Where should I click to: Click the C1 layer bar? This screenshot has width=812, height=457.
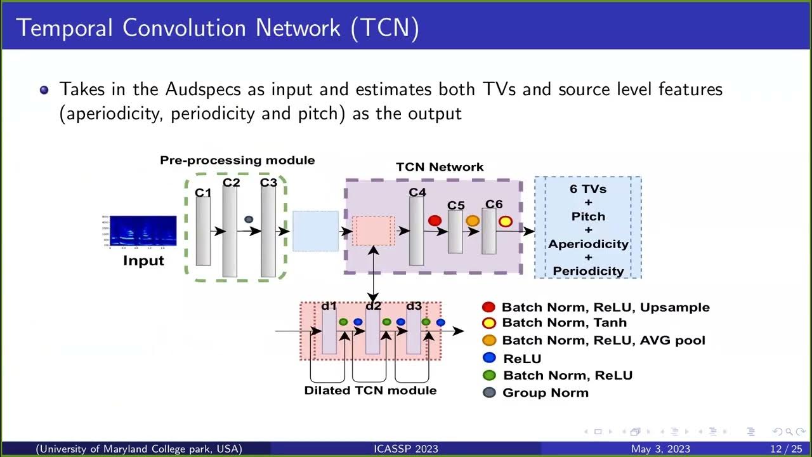pos(203,232)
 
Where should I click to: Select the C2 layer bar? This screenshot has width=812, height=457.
pos(230,232)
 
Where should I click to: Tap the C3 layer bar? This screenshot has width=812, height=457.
pos(268,232)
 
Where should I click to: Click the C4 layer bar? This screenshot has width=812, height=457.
pos(416,231)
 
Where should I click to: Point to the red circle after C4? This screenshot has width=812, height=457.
pos(435,221)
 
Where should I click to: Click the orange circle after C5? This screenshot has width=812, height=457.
pos(473,221)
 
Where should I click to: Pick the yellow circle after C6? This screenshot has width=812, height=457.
pos(505,222)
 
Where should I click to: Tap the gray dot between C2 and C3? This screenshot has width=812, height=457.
pos(249,220)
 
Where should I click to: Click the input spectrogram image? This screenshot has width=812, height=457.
pos(143,231)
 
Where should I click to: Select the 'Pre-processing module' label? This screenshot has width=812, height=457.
pos(237,161)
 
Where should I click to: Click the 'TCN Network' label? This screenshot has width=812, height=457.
pos(440,168)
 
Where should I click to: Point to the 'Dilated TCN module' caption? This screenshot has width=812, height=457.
pos(370,390)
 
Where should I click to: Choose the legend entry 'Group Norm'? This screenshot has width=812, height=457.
pos(545,393)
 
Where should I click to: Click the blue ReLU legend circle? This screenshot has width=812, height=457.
pos(489,357)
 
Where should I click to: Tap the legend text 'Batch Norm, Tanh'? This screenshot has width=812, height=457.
pos(564,322)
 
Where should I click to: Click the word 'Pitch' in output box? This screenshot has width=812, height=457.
pos(588,216)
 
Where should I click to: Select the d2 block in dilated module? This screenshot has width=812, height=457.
pos(373,332)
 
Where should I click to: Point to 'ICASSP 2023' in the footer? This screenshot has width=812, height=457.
pos(406,449)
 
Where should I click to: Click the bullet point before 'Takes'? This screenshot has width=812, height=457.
pos(44,90)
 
